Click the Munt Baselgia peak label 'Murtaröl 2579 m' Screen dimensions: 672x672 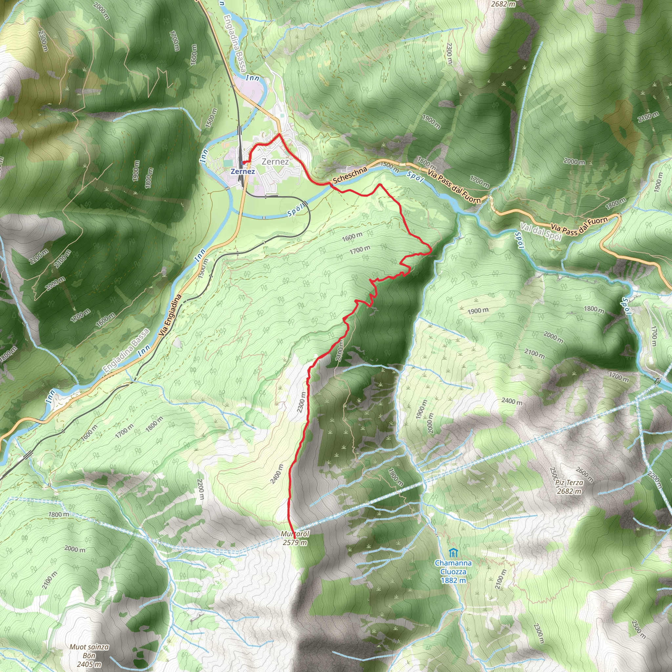(295, 538)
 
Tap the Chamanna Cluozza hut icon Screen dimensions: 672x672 (452, 553)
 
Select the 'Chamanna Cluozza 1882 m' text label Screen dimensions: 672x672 (453, 572)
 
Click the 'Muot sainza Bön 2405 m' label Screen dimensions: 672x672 (89, 655)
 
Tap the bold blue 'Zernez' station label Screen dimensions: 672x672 (242, 172)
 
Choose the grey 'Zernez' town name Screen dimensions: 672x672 (275, 161)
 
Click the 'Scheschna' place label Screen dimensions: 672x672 (349, 175)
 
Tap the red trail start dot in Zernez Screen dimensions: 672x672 (243, 162)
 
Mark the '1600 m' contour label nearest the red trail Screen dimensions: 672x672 (352, 237)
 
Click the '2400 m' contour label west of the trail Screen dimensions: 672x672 (277, 474)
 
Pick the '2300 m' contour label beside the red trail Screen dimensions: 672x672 (302, 402)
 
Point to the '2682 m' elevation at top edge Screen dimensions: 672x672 (503, 4)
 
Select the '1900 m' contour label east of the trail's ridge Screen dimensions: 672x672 (477, 311)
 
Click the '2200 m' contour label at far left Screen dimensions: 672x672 (39, 257)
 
